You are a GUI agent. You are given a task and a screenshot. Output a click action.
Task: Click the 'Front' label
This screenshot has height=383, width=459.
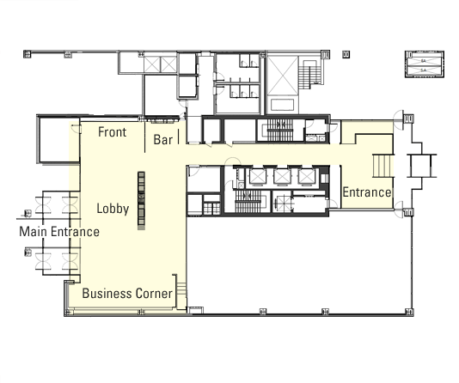112,132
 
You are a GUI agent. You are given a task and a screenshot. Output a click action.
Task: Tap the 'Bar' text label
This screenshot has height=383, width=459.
163,140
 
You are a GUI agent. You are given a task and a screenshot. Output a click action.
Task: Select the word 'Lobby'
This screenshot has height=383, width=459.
113,209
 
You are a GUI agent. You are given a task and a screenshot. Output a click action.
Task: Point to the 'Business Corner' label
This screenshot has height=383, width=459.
127,294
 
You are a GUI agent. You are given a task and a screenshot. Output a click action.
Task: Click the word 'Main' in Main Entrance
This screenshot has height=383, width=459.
33,232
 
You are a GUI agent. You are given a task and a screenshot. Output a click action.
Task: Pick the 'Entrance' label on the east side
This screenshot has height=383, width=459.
367,192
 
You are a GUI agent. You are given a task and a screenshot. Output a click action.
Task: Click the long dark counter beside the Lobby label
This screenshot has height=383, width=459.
141,201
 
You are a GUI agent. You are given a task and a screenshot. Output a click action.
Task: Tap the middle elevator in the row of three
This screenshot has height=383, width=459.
282,176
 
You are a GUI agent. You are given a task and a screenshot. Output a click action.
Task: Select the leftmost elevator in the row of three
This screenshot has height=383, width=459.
257,176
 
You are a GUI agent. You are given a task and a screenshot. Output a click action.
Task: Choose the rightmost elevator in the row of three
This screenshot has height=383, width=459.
306,176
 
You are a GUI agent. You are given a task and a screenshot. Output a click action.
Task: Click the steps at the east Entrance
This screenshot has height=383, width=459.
382,166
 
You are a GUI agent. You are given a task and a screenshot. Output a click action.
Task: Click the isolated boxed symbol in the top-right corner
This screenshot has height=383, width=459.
425,64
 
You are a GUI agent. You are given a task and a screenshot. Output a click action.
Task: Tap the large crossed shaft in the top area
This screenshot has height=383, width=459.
283,76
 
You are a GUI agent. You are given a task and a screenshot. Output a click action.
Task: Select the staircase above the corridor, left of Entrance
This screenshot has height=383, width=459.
280,131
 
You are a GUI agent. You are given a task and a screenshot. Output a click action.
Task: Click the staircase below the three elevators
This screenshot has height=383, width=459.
248,201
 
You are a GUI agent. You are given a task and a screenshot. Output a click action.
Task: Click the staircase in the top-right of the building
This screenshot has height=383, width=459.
309,74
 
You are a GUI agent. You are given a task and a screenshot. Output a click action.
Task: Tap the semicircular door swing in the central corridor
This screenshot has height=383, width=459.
233,161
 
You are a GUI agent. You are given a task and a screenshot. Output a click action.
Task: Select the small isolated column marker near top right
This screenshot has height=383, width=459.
346,54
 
